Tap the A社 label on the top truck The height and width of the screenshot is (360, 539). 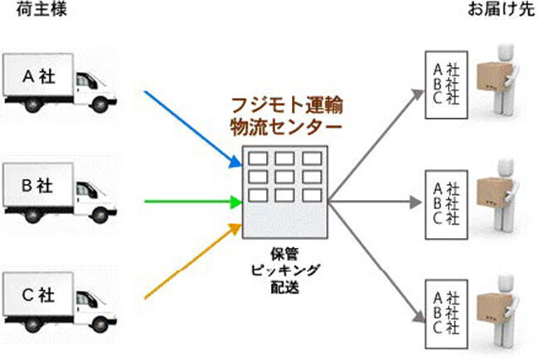click(x=38, y=75)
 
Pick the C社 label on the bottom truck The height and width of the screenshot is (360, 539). click(x=38, y=293)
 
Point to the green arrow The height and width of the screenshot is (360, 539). click(x=191, y=201)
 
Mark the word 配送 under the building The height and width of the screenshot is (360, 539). click(x=284, y=287)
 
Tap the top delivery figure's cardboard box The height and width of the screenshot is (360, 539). click(x=496, y=80)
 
